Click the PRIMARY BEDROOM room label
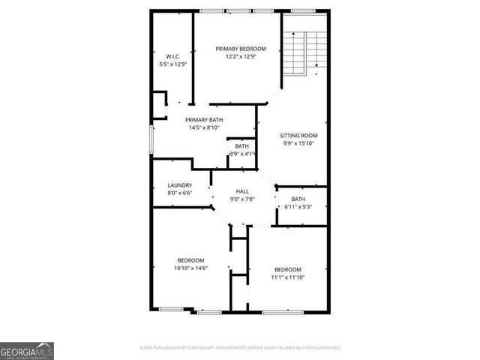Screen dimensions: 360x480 241,49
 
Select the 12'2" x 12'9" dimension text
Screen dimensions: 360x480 241,57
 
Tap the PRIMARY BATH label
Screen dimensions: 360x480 204,120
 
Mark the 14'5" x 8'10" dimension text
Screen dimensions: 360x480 204,128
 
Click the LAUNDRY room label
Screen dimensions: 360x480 180,185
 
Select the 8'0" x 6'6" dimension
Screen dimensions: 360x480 180,193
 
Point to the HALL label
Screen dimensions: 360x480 242,191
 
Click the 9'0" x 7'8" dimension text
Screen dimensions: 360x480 242,199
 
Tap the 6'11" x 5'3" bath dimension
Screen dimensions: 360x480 298,207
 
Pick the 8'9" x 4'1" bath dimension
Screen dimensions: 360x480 242,154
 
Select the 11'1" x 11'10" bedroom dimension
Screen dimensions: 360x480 287,277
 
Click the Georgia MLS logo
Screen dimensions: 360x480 27,350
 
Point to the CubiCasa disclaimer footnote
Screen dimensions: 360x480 240,348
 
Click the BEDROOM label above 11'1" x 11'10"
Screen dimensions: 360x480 287,269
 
